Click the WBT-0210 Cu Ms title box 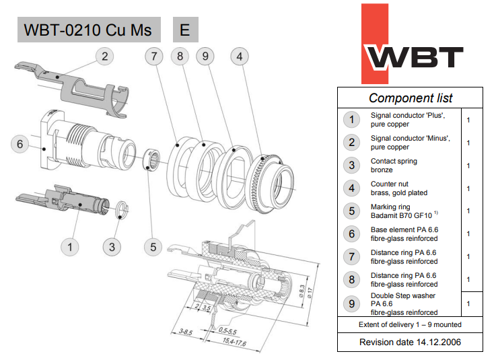pos(89,30)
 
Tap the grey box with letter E pos(185,30)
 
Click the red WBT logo pos(412,44)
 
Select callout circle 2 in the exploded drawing pos(105,57)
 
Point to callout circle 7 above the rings pos(154,57)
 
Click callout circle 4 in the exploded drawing pos(240,57)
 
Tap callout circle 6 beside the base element pos(20,144)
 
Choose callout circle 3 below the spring pos(112,247)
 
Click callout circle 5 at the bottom pos(153,247)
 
